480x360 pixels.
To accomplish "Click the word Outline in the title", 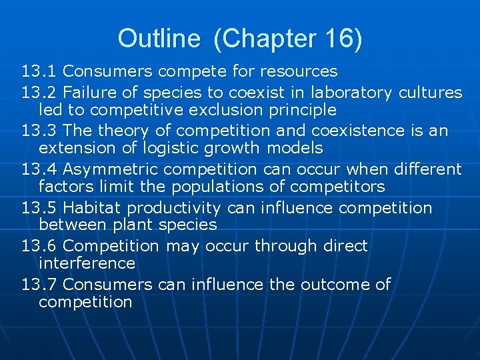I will tap(158, 39).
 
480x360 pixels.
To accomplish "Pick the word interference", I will tap(87, 263).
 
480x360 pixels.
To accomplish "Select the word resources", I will tap(299, 71).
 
